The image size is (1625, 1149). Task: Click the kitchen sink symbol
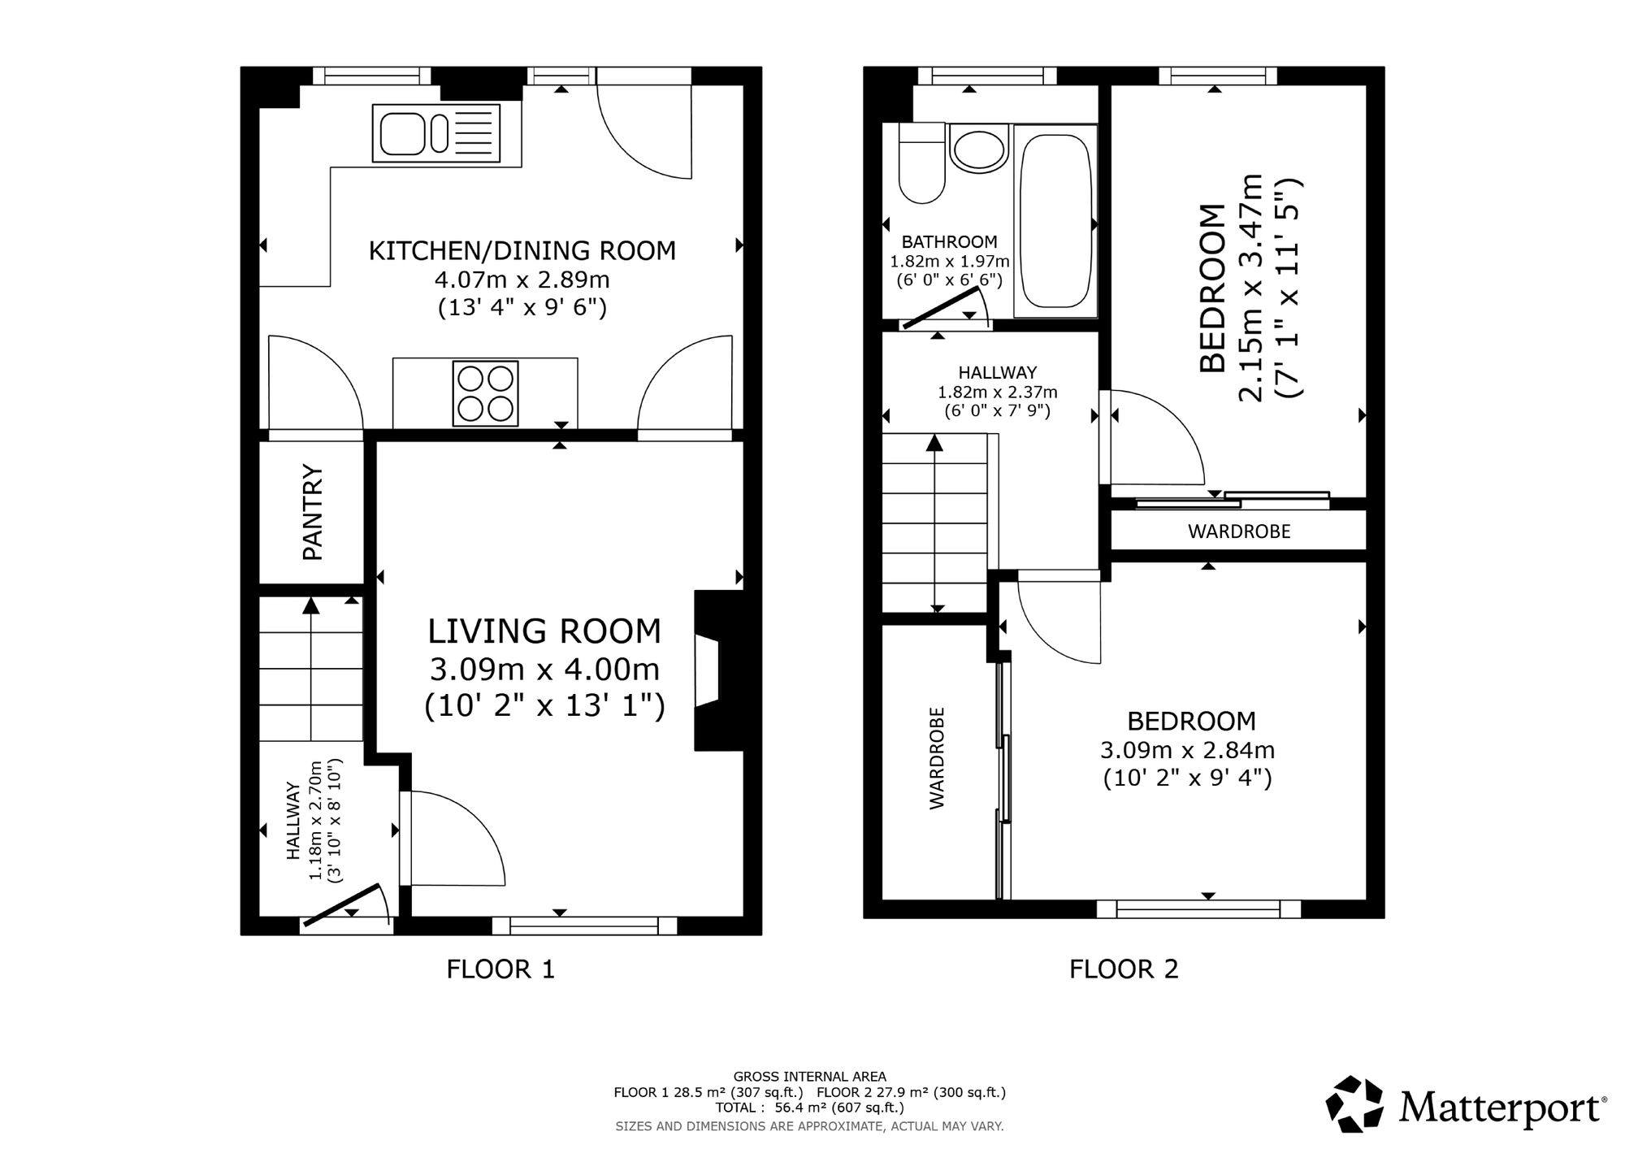435,133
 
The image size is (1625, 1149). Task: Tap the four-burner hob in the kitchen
486,393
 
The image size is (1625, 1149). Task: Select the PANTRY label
313,512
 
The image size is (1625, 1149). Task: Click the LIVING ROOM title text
544,631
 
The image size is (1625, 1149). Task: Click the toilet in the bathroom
922,163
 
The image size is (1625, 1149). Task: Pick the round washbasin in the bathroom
979,148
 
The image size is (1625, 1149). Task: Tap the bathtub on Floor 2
1055,220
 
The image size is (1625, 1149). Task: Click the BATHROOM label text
949,241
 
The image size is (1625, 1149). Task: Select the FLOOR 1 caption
500,969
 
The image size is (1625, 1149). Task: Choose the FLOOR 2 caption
1124,969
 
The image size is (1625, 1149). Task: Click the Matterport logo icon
1355,1103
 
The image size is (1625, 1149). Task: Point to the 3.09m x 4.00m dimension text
544,670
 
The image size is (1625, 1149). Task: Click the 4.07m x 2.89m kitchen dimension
522,280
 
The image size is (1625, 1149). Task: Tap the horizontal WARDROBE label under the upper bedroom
1239,531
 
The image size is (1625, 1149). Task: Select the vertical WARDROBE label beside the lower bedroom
937,757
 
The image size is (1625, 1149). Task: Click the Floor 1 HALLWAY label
293,821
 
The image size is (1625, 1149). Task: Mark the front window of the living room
584,926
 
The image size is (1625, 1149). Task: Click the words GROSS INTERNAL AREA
809,1077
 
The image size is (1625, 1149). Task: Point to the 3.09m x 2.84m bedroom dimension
1187,749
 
